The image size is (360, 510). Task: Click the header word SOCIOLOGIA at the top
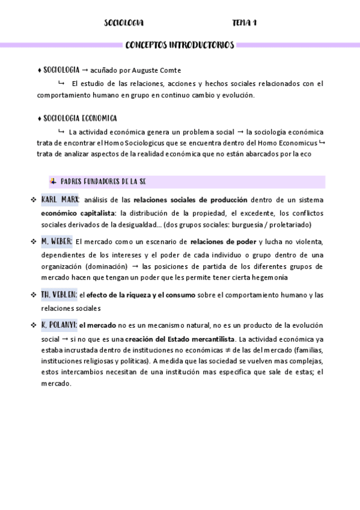coord(124,23)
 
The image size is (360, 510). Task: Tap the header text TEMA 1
coord(245,23)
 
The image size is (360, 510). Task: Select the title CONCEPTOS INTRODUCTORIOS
coord(180,45)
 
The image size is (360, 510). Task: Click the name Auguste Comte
coord(155,70)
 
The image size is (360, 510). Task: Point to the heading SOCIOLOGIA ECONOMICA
coord(81,118)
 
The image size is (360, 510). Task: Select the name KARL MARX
coord(60,200)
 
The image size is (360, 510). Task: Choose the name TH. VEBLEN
coord(59,294)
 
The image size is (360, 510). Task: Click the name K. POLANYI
coord(59,325)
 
